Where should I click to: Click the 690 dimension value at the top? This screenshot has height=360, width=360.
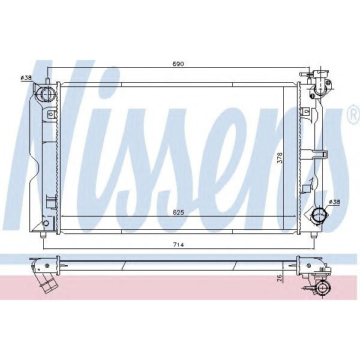click(179, 64)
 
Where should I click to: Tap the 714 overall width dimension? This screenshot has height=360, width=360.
click(178, 245)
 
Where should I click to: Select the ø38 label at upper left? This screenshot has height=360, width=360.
click(26, 77)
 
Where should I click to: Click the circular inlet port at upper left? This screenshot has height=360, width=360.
click(46, 94)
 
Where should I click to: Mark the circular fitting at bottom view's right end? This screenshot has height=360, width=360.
click(323, 289)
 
